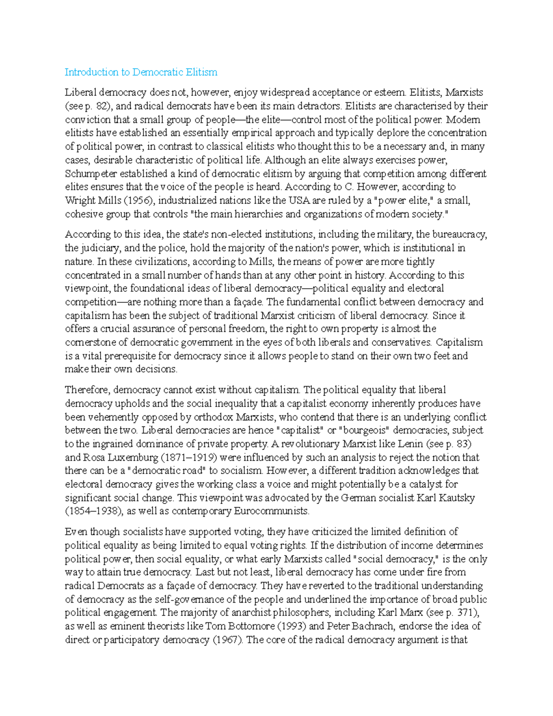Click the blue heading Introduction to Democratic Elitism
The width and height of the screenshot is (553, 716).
click(x=141, y=72)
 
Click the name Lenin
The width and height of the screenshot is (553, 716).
click(x=416, y=444)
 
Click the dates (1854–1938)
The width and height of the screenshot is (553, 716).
click(x=94, y=511)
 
